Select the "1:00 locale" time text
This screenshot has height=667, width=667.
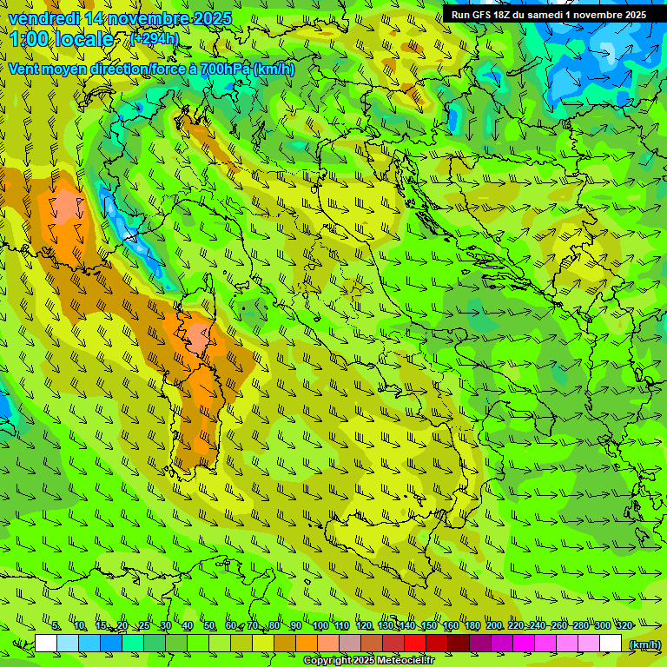click(61, 39)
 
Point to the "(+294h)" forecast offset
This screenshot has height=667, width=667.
click(155, 39)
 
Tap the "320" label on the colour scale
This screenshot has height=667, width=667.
click(624, 625)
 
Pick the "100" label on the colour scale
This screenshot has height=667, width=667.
click(320, 625)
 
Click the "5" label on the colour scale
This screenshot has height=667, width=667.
click(56, 625)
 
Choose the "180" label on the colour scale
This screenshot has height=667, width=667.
click(472, 625)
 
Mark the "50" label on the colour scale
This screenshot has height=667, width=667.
click(208, 625)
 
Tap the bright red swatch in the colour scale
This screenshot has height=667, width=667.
click(415, 644)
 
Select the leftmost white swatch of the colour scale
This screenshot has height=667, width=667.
click(46, 644)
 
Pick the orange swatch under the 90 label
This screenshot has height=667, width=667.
click(307, 644)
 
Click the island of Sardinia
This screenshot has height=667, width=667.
click(198, 417)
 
